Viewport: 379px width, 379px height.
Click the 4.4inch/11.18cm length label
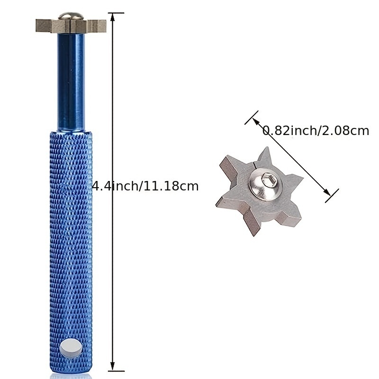(145, 186)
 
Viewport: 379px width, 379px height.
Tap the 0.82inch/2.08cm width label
(316, 131)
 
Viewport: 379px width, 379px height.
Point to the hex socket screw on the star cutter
(266, 185)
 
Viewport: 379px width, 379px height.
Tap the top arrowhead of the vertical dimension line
(112, 17)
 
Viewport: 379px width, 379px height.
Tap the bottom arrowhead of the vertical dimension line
(112, 366)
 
